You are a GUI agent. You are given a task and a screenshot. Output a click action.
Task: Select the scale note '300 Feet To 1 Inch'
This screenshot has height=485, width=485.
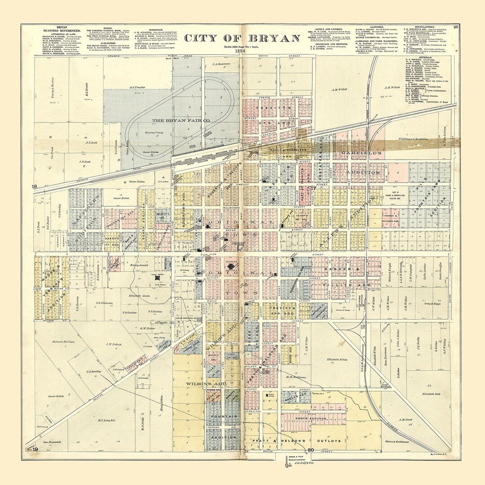coord(242,46)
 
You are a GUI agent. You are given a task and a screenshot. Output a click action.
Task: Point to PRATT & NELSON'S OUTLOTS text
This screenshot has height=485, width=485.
coord(306,441)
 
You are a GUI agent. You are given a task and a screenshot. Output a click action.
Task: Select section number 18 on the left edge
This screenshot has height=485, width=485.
coord(35,186)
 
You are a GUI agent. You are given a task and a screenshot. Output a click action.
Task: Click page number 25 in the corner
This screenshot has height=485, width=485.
coord(456,27)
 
